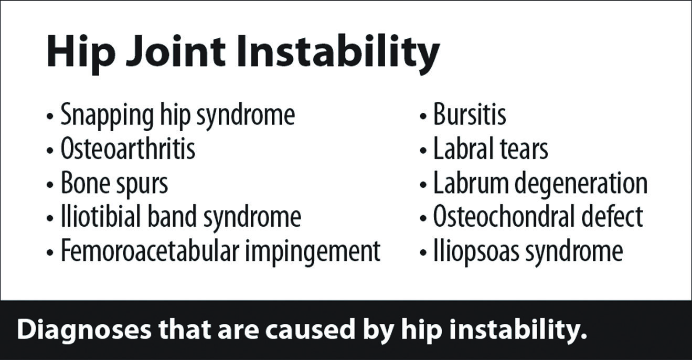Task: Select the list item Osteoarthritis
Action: tap(128, 149)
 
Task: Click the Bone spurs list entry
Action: tap(114, 184)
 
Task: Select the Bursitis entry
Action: tap(470, 115)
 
